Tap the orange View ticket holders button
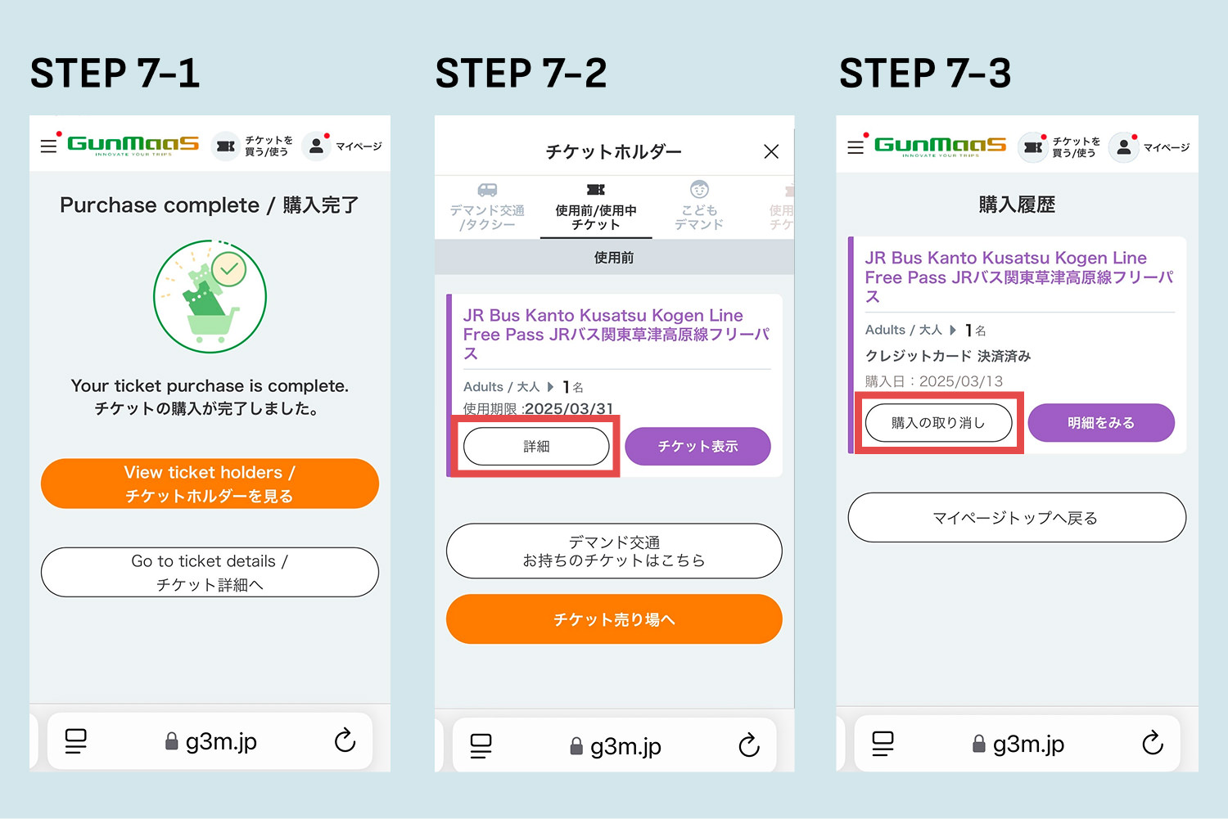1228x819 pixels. tap(210, 484)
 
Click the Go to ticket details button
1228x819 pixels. tap(210, 572)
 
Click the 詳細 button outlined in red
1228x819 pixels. tap(536, 446)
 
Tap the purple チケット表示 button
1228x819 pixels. tap(698, 446)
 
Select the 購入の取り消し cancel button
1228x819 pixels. tap(938, 422)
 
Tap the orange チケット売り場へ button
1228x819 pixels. tap(614, 619)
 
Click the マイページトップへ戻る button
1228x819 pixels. tap(1017, 517)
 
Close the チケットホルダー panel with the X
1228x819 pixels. tap(771, 151)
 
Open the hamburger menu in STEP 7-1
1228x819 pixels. tap(49, 146)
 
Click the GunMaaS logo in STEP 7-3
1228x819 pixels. tap(940, 146)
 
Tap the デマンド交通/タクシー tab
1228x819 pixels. tap(487, 207)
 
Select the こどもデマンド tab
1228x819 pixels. tap(699, 206)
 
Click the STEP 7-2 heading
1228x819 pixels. tap(521, 73)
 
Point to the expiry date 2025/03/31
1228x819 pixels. tap(569, 408)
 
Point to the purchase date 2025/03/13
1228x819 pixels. tap(961, 380)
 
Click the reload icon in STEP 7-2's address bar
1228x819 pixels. tap(749, 745)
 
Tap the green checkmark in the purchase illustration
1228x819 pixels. tap(229, 268)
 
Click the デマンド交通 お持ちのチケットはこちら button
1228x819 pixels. tap(614, 551)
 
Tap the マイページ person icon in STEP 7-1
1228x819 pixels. tap(316, 146)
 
